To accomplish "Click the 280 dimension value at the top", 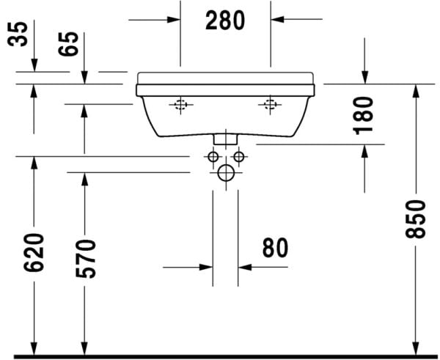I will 225,20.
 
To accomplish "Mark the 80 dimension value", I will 275,249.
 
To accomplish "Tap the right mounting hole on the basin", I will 271,106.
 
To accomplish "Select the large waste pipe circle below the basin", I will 226,173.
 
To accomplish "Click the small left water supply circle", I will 212,158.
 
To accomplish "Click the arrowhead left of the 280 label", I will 173,20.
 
